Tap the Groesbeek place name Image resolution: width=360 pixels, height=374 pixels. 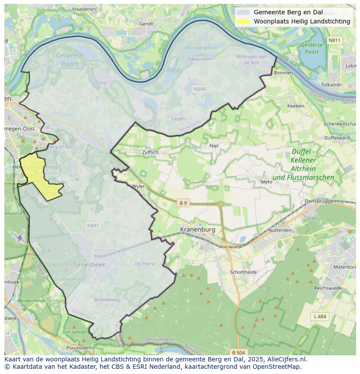point(90,264)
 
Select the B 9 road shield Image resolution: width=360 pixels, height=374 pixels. point(183,203)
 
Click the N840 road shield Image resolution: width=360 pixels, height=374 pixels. point(200,89)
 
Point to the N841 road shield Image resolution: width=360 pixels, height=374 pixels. point(93,225)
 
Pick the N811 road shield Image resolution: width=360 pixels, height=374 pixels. point(334,40)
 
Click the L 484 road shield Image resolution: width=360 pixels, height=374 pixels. point(320,317)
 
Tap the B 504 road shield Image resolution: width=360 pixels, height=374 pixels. point(238,352)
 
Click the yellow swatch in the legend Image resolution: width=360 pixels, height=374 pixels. point(243,21)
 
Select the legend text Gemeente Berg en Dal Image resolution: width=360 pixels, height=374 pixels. point(288,12)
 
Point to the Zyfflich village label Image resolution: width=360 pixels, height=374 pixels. point(150,152)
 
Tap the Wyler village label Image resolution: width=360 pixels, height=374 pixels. point(138,186)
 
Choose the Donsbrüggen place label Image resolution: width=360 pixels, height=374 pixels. point(320,201)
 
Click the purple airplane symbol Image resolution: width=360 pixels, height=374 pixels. point(20,238)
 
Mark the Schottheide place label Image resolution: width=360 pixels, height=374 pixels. point(243,272)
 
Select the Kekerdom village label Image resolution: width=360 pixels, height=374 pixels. point(200,59)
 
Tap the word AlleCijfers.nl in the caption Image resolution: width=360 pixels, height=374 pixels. point(287,359)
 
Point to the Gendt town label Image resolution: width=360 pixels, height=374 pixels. point(146,24)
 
